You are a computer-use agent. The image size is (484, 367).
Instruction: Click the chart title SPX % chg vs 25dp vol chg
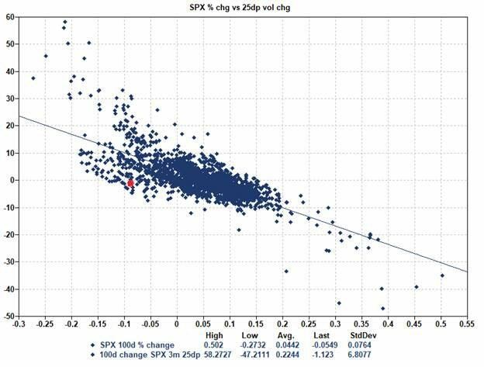[242, 7]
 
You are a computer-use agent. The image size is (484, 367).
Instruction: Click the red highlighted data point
[130, 183]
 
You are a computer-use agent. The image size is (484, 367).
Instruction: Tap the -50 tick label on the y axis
[8, 317]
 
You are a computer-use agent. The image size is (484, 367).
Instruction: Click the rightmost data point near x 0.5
[442, 275]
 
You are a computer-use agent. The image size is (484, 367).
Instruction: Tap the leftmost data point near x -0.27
[33, 78]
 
